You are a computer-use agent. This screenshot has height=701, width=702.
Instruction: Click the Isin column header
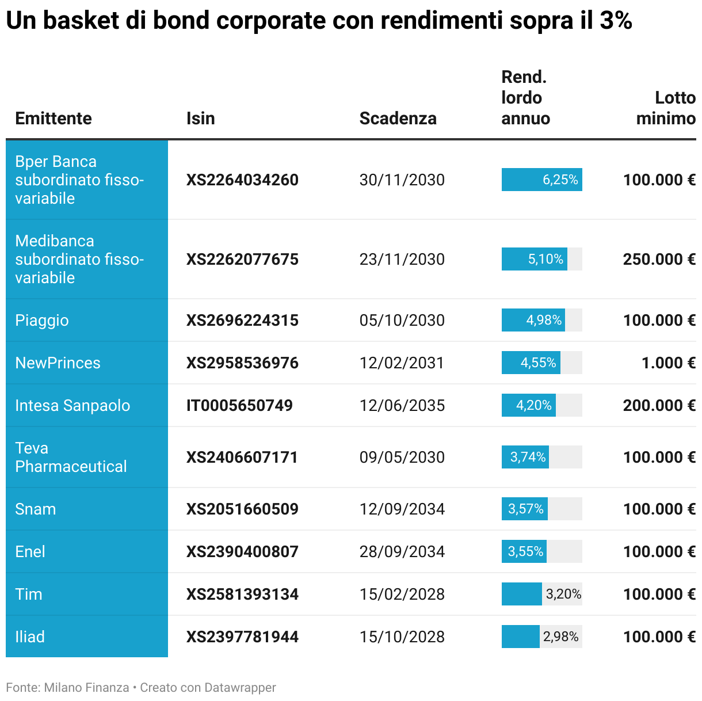point(200,119)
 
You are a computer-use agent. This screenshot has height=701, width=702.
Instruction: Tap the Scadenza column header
point(398,119)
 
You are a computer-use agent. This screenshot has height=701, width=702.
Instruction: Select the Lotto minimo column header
point(666,108)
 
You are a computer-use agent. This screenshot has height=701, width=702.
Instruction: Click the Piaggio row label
point(42,321)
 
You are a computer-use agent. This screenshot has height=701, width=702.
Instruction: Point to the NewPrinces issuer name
point(58,363)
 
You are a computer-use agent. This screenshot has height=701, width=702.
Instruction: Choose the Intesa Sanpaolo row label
point(73,406)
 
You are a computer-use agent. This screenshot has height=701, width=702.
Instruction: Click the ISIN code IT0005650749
point(239,406)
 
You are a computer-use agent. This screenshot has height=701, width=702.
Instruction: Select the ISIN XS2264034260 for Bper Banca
point(242,180)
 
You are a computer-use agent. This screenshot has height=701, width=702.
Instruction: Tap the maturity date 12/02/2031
point(402,363)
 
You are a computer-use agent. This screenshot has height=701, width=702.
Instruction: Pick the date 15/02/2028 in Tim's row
point(402,595)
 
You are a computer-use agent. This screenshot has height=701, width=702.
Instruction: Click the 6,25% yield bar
point(541,180)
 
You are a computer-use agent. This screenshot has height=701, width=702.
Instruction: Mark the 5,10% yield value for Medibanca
point(545,260)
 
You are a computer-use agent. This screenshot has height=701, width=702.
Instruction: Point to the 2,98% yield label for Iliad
point(561,637)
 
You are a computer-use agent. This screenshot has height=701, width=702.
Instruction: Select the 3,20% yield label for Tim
point(563,595)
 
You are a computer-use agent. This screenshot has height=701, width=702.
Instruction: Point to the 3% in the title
point(616,21)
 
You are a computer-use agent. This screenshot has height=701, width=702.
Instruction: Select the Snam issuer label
point(36,509)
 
